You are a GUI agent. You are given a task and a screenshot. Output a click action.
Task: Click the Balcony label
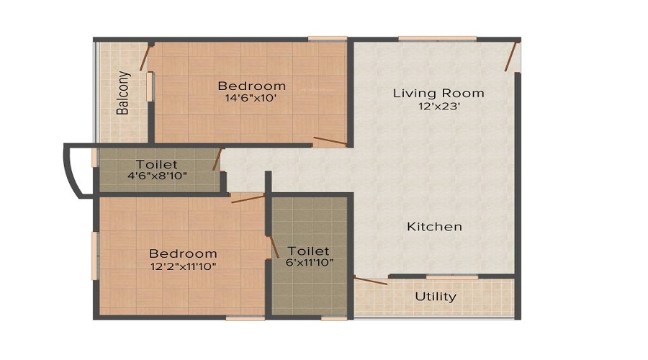click(124, 93)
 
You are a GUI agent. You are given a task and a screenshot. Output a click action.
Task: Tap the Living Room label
click(438, 93)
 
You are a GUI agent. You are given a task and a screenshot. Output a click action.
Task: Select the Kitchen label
click(434, 227)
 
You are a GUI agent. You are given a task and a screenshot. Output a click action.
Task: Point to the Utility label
click(436, 297)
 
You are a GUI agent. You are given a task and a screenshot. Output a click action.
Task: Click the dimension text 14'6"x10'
click(251, 99)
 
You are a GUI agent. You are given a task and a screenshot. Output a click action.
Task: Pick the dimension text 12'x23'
click(438, 106)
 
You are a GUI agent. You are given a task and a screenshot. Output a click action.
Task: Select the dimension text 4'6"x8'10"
click(156, 176)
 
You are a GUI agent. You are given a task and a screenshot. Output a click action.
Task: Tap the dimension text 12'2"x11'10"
click(183, 266)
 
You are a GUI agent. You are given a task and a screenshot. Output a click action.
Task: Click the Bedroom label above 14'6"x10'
click(251, 86)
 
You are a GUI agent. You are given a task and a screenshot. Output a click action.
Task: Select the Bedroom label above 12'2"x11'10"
click(183, 253)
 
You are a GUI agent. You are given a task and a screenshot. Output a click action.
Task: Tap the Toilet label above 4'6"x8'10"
click(156, 165)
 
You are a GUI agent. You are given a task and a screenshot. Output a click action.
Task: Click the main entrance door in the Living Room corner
click(511, 56)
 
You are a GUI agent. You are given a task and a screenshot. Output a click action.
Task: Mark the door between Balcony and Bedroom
click(145, 58)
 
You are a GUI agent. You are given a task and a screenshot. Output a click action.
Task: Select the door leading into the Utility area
click(371, 281)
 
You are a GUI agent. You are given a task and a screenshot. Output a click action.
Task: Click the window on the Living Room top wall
click(437, 38)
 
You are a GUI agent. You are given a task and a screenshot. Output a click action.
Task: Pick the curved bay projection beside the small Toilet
click(78, 170)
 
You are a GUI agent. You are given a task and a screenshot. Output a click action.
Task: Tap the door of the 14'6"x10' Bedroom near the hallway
click(330, 140)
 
